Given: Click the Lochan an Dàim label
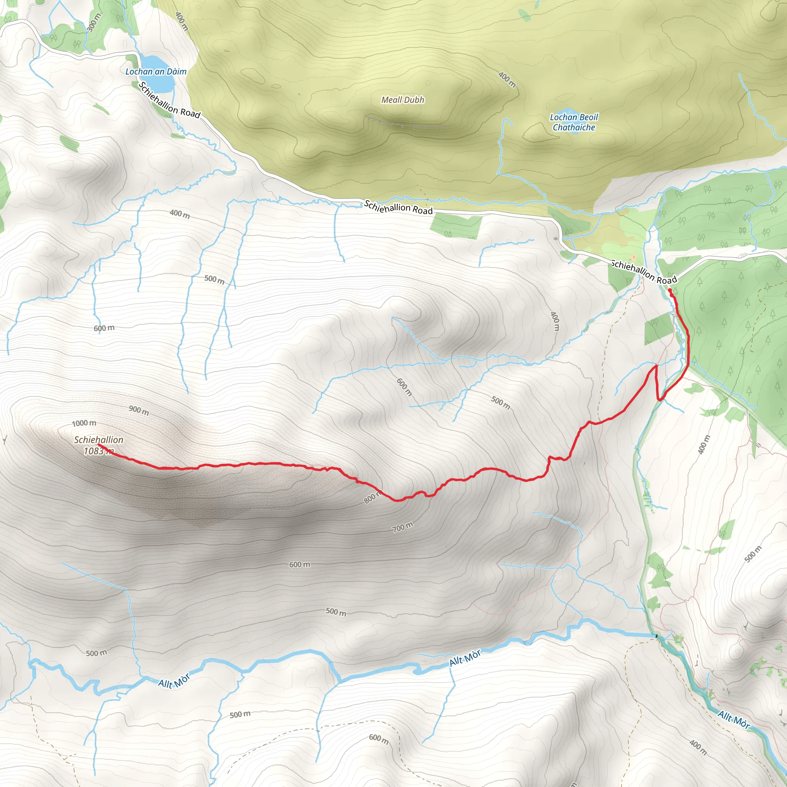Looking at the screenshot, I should (x=156, y=72).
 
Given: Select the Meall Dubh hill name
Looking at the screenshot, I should (x=402, y=100).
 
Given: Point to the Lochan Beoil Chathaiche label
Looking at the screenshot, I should (x=574, y=122).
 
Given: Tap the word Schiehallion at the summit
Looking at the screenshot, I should (x=99, y=440).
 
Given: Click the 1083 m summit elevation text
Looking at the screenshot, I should (x=98, y=451).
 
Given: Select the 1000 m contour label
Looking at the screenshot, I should (x=84, y=423).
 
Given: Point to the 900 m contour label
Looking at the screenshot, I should (x=139, y=410).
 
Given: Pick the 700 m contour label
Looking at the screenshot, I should (x=402, y=527).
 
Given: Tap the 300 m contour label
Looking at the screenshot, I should (x=94, y=22).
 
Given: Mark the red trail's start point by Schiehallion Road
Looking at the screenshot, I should (x=670, y=290).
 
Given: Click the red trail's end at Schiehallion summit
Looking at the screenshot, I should (x=100, y=445).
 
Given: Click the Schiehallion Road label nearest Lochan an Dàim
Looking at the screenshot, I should (x=169, y=100).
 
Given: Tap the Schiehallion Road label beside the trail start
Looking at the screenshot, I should (x=644, y=272).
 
